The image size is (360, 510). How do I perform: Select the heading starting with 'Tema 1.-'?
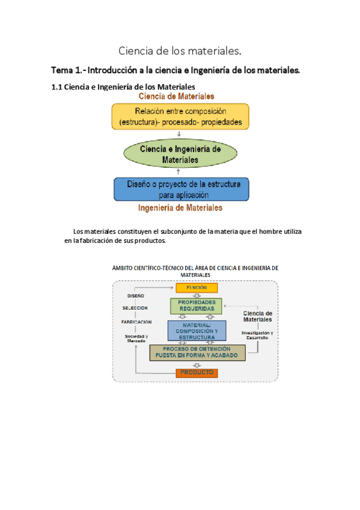(x=175, y=70)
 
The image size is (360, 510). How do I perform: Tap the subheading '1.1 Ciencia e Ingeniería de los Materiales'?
(x=123, y=87)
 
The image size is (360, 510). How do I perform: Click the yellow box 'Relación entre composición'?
(x=180, y=116)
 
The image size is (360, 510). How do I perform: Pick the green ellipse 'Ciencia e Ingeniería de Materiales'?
(x=180, y=154)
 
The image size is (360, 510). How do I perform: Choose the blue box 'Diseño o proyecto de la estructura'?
(x=180, y=189)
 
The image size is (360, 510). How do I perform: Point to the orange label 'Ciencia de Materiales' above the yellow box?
(x=176, y=96)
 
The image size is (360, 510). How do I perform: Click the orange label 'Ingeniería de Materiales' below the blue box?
(x=180, y=208)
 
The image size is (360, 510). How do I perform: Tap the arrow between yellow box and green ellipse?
(x=179, y=134)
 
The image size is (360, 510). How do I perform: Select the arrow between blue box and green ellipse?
(x=179, y=172)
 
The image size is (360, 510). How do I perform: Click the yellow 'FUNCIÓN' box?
(x=196, y=288)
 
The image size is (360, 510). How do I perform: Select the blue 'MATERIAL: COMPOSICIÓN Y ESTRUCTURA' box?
(x=197, y=331)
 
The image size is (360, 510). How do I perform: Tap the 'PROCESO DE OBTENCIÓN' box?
(x=197, y=352)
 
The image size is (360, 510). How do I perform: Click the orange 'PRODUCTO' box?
(x=197, y=373)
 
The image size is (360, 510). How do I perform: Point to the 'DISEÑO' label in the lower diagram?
(x=135, y=296)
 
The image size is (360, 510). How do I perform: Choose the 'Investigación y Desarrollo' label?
(x=257, y=335)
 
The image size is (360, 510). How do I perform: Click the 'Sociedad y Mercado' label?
(x=136, y=338)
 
